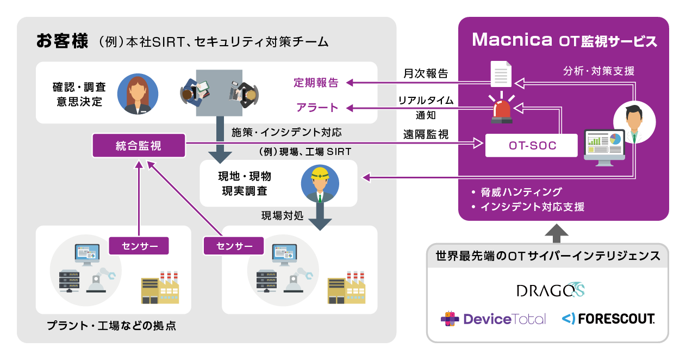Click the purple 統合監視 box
(x=139, y=146)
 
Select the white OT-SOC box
(x=532, y=146)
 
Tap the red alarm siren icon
(x=502, y=108)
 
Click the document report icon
(x=501, y=74)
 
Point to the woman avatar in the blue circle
(x=138, y=94)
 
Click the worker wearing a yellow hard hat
(x=320, y=184)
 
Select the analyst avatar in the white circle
(x=634, y=122)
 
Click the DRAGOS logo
(x=551, y=290)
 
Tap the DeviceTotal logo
(x=493, y=319)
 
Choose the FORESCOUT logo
(x=608, y=319)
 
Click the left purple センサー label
(x=139, y=246)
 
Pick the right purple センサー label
(x=234, y=246)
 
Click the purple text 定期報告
(x=316, y=83)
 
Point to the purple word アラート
(x=317, y=108)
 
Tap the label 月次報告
(x=426, y=73)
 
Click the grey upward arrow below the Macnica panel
(x=557, y=233)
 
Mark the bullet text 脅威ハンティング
(x=521, y=192)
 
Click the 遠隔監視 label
(x=426, y=134)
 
